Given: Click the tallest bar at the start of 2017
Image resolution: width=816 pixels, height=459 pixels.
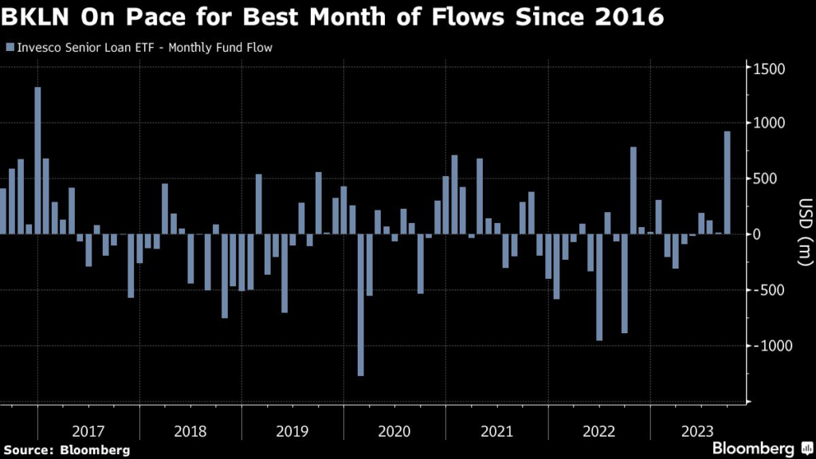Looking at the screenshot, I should click(x=37, y=159).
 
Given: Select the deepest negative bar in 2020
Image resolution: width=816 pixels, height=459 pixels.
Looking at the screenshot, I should click(x=361, y=304).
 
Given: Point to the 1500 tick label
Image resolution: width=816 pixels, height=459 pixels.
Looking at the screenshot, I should click(x=770, y=69).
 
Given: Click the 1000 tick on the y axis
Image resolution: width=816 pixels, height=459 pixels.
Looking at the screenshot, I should click(x=770, y=124).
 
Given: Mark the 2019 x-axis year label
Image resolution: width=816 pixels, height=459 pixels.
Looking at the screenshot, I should click(x=292, y=431).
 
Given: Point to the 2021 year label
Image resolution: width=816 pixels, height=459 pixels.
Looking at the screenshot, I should click(x=496, y=431).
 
